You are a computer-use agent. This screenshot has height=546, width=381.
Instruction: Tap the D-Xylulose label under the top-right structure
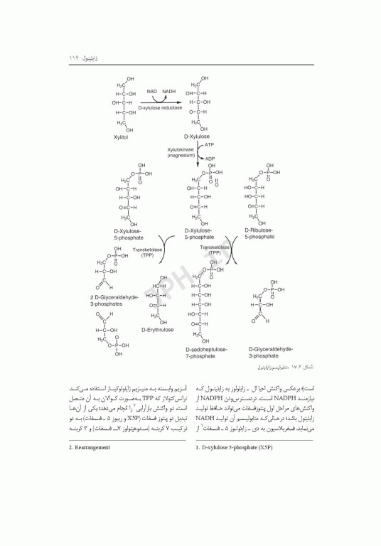coord(197,136)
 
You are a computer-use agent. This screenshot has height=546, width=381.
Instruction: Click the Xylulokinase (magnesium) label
coord(181,152)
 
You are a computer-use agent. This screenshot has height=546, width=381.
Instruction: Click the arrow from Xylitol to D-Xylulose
coord(161,100)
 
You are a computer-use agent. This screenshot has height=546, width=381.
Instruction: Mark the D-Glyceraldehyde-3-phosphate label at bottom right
coord(270,353)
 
